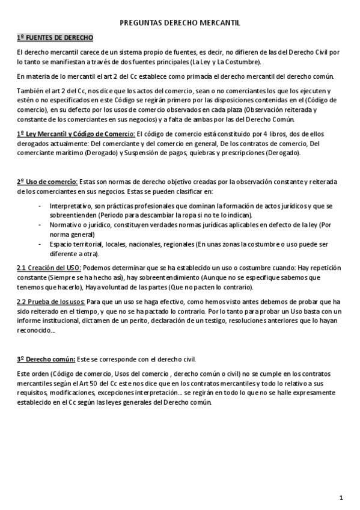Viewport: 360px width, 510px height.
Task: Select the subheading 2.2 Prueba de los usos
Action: pos(51,301)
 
